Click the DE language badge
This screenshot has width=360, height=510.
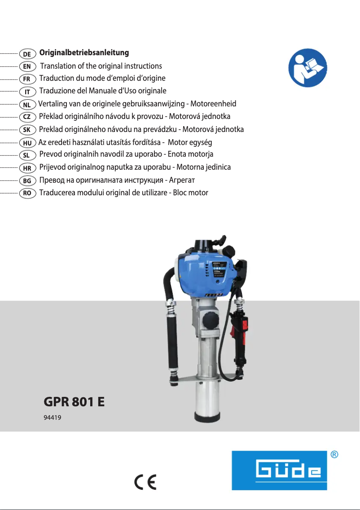pyautogui.click(x=27, y=54)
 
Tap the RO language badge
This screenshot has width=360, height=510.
pyautogui.click(x=27, y=193)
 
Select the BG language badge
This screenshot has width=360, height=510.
pyautogui.click(x=27, y=181)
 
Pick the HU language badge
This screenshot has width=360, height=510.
pyautogui.click(x=27, y=143)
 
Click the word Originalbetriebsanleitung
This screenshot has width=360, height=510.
pyautogui.click(x=84, y=53)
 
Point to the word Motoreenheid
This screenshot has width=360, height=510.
pyautogui.click(x=213, y=104)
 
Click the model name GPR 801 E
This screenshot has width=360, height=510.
pyautogui.click(x=74, y=401)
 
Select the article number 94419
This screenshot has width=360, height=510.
pyautogui.click(x=52, y=418)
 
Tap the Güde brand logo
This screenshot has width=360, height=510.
pyautogui.click(x=279, y=470)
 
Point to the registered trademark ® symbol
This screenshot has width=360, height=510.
pyautogui.click(x=334, y=455)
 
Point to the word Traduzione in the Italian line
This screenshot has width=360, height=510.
pyautogui.click(x=57, y=91)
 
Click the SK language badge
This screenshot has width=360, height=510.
pyautogui.click(x=27, y=130)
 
